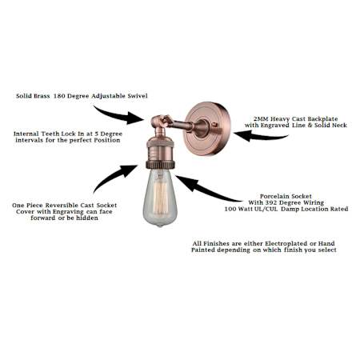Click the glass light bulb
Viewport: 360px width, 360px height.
click(x=160, y=198)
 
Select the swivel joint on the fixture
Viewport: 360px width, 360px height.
click(x=159, y=122)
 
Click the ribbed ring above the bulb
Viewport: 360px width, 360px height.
click(x=160, y=164)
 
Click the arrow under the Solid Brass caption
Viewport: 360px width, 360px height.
click(x=120, y=115)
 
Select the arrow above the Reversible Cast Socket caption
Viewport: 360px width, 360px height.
click(x=114, y=176)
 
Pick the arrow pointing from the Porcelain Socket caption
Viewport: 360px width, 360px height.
click(x=206, y=188)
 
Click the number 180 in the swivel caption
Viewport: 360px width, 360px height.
click(x=59, y=96)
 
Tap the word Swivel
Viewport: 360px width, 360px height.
click(x=138, y=96)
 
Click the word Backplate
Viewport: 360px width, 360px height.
click(x=322, y=119)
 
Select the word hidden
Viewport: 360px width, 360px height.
click(x=87, y=218)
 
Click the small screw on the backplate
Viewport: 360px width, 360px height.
click(x=214, y=124)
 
